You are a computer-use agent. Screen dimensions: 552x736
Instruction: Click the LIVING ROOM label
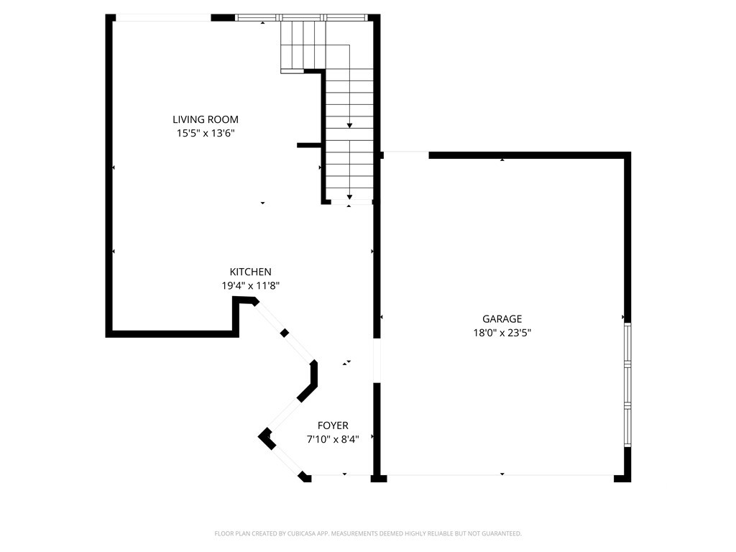[x=205, y=119]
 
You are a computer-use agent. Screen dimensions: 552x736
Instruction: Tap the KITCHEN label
[x=250, y=272]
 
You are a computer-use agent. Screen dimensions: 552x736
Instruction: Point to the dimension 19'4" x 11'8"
[x=250, y=285]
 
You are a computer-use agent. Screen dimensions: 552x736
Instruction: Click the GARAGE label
[x=502, y=318]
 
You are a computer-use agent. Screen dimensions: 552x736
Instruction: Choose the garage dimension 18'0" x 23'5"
[x=502, y=332]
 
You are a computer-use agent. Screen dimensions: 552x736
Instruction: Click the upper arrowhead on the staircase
[x=349, y=126]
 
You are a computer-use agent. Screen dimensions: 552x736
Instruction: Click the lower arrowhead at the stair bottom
[x=349, y=196]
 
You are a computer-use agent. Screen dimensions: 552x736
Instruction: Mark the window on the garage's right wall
[x=627, y=385]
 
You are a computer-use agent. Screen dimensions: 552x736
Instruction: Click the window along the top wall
[x=302, y=17]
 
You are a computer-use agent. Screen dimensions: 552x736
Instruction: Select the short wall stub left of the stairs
[x=309, y=145]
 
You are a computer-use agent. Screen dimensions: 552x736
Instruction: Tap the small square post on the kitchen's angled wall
[x=285, y=333]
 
